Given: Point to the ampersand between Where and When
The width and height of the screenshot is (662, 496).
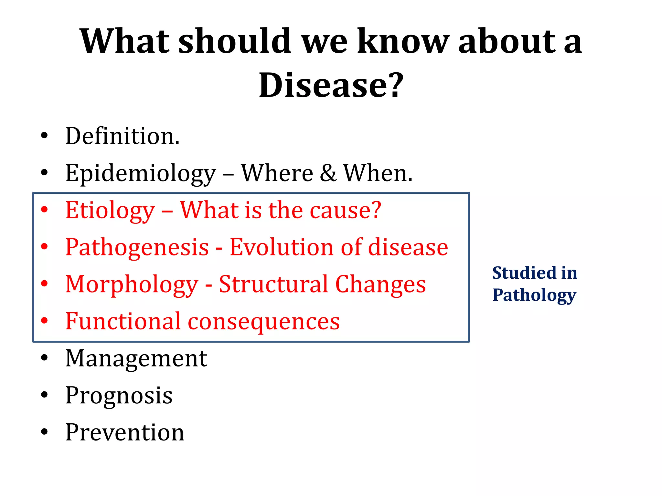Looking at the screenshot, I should coord(328,173).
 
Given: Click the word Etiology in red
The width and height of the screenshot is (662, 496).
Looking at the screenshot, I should coord(110,211).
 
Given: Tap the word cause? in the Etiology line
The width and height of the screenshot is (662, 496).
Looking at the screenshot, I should coord(346,211).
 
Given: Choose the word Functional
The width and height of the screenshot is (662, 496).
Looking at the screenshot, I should coord(123,321).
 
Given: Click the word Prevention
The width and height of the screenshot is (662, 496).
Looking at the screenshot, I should coord(125,432).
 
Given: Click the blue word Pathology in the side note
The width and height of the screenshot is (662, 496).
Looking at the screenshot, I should coord(534,295).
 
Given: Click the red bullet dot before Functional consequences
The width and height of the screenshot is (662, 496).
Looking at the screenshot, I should coord(44,321).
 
